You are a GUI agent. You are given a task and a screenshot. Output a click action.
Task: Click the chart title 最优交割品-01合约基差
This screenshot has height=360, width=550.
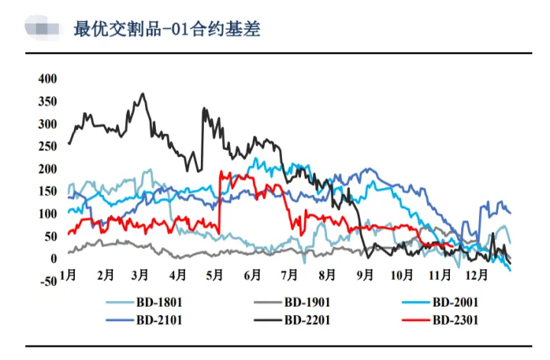167,29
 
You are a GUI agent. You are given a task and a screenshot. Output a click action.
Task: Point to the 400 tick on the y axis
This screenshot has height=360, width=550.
47,79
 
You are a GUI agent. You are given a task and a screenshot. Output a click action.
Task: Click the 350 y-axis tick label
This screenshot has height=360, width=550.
47,102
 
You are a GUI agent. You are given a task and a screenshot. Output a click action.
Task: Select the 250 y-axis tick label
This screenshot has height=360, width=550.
47,147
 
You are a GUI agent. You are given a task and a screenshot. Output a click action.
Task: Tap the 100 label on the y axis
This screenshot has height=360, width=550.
47,214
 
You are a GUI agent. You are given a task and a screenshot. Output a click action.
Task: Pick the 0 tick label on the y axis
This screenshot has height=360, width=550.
53,259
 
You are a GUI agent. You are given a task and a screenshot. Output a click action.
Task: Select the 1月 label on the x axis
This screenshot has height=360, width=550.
67,274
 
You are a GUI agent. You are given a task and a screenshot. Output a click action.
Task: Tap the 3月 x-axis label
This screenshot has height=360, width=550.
141,274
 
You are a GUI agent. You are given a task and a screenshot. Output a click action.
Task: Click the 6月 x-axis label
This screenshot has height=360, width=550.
252,274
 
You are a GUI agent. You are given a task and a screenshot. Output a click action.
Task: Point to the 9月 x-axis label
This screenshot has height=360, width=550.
364,274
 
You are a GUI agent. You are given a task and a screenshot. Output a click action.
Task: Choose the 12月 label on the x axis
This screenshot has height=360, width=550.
477,274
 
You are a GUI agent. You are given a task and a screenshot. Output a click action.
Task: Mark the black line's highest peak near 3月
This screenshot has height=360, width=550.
142,94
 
